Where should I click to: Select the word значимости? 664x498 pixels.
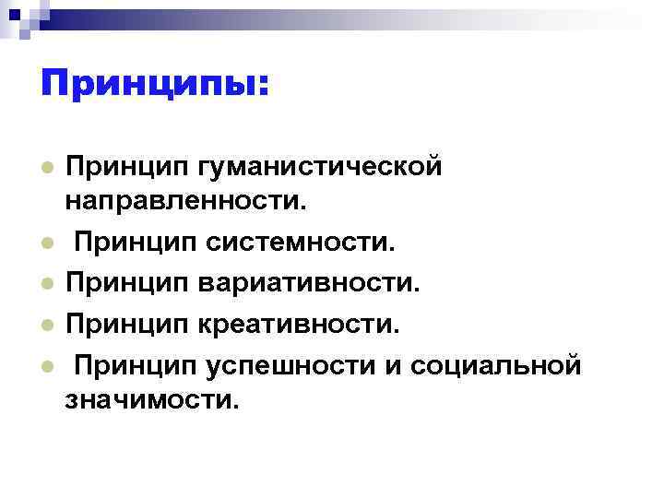(151, 398)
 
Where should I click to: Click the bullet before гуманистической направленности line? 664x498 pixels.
(45, 167)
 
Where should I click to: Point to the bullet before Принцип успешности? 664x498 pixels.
(45, 365)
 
